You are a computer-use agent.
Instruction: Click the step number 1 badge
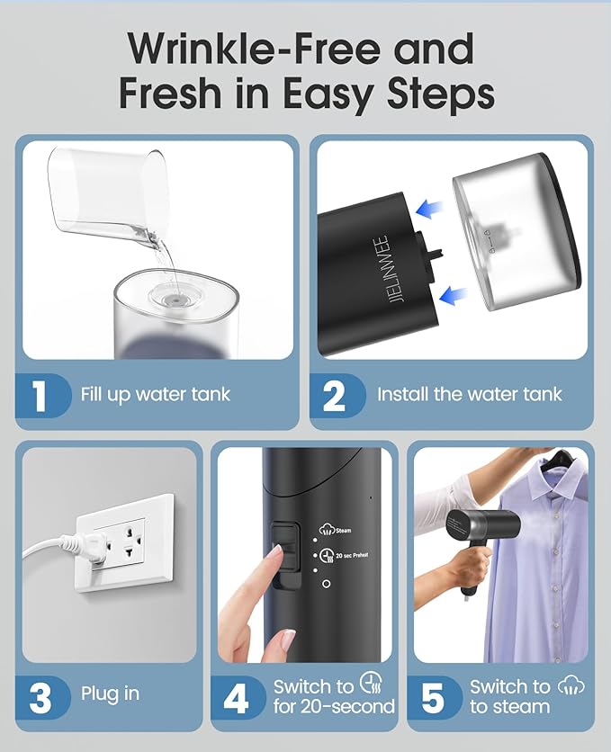tap(40, 394)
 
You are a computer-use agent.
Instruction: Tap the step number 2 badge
tap(335, 394)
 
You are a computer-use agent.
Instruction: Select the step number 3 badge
tap(40, 695)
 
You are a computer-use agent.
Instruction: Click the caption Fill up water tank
tap(156, 394)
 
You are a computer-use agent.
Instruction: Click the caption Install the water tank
tap(469, 394)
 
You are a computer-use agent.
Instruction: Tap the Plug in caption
tap(110, 694)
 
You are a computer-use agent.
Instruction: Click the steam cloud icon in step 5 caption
tap(571, 685)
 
